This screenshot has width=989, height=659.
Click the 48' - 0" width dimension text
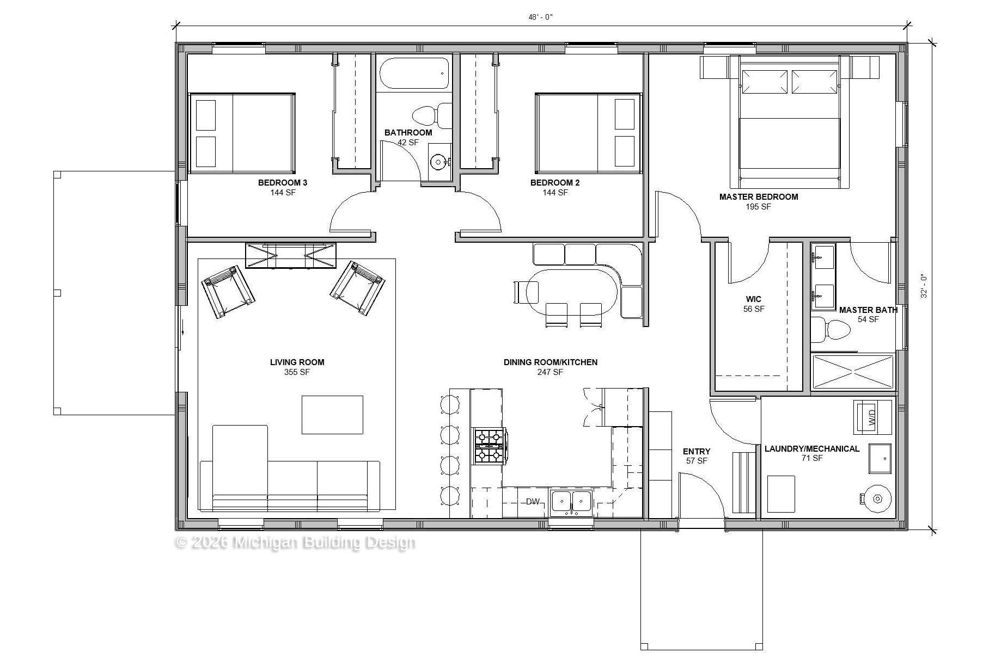click(540, 17)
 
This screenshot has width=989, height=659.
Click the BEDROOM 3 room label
click(283, 183)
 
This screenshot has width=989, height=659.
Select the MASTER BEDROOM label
click(759, 197)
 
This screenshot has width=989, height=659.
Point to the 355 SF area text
click(297, 372)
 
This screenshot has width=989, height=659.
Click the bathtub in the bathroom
click(414, 73)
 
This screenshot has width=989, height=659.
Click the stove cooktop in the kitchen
click(490, 446)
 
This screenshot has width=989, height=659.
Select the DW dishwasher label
click(533, 502)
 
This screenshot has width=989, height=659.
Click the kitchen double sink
click(571, 502)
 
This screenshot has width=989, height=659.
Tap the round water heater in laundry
click(877, 498)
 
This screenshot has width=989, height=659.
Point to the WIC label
click(754, 299)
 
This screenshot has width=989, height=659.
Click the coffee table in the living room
click(332, 415)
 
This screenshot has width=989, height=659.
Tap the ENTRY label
click(697, 451)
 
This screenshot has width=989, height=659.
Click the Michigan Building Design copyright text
click(295, 543)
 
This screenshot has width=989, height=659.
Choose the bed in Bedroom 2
click(588, 133)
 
